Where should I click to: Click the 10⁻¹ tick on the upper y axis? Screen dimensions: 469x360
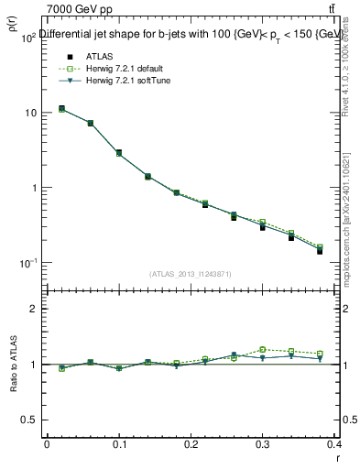point(27,263)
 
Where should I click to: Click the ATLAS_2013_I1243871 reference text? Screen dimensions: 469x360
point(190,274)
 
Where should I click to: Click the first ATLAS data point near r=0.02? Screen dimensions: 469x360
point(61,109)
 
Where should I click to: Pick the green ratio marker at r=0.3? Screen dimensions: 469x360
point(262,349)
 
